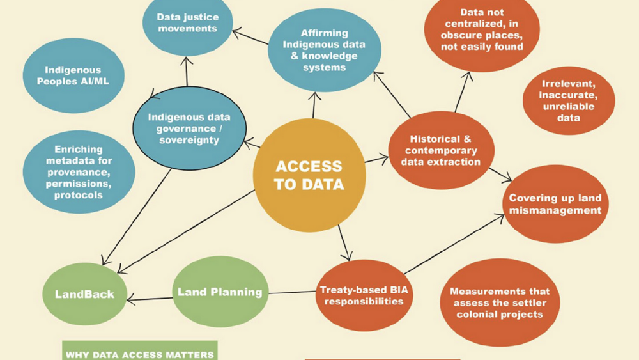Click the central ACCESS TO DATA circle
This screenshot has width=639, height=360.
click(309, 176)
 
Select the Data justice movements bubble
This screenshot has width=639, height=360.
click(187, 24)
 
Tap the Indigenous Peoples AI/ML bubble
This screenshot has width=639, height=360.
click(73, 76)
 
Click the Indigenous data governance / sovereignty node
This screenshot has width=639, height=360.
click(189, 127)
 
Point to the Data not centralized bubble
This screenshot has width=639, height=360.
click(483, 30)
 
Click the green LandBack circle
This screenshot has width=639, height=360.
click(85, 294)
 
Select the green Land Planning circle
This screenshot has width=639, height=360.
click(219, 292)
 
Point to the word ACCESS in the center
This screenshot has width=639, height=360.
click(309, 167)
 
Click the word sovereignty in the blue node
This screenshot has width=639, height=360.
click(189, 138)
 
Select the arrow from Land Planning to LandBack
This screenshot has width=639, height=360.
click(150, 296)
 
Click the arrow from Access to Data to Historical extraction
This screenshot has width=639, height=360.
click(377, 157)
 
